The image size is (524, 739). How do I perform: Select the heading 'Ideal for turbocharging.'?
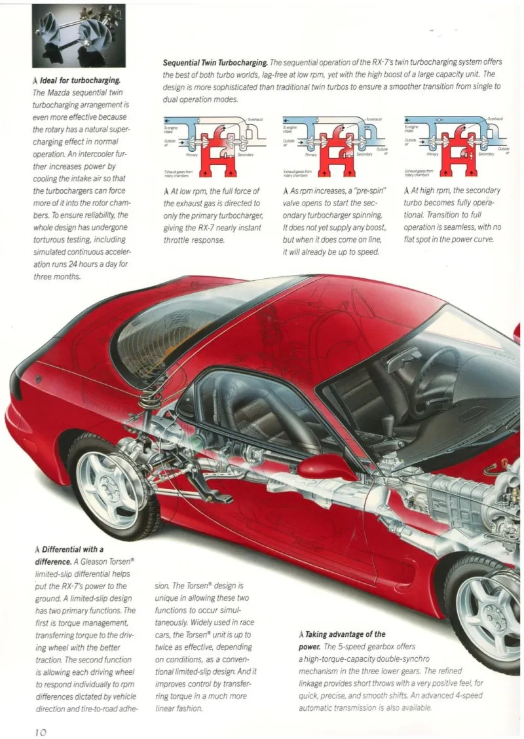[x=79, y=80]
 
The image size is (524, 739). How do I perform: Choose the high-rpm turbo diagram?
[x=455, y=146]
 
